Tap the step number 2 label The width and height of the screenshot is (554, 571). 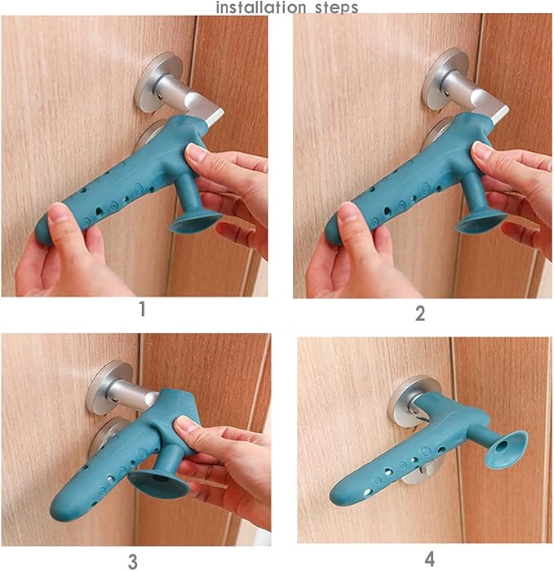point(420,313)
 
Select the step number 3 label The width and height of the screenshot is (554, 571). point(132,560)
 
